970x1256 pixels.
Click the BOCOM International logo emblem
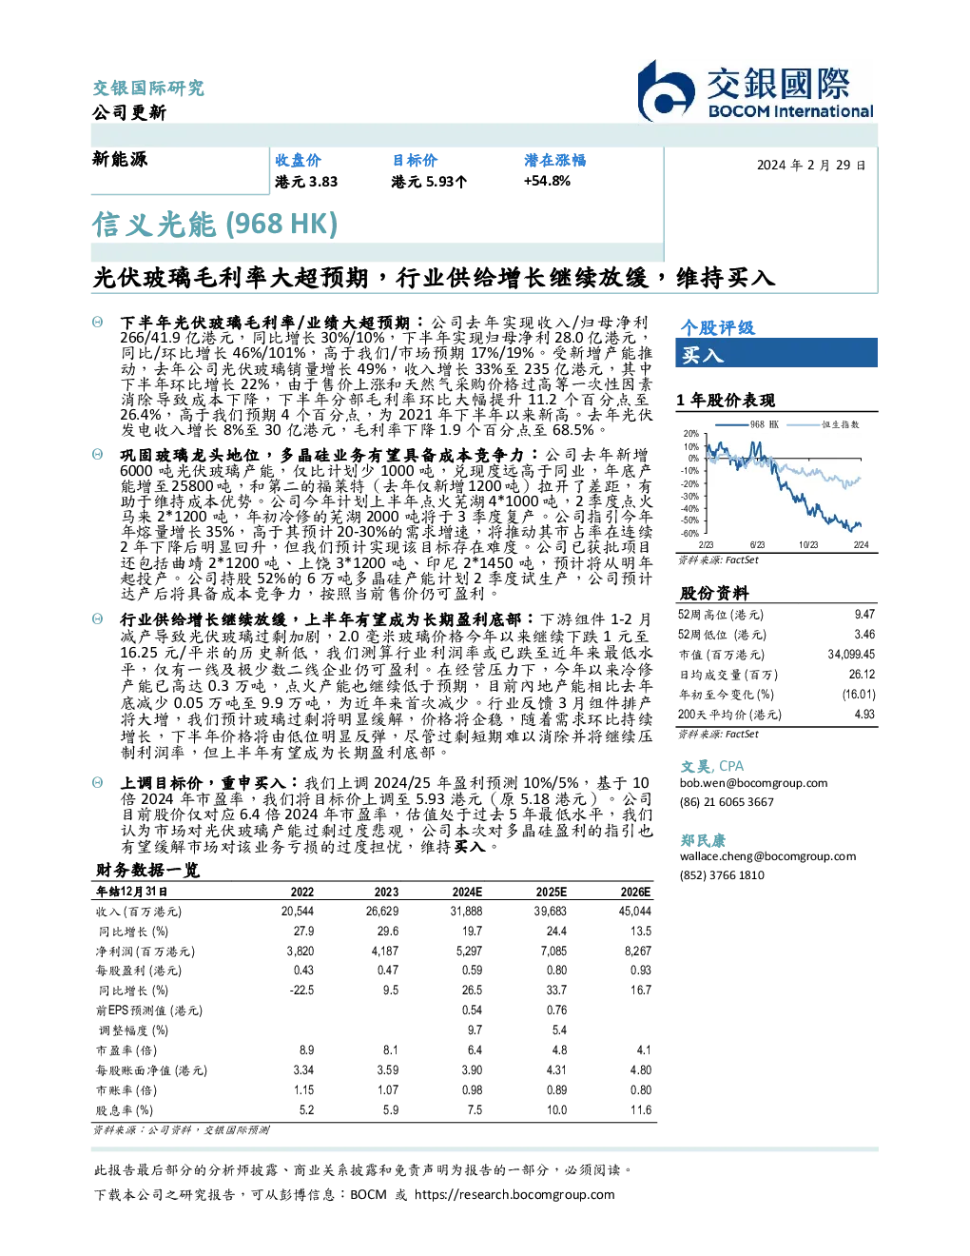[x=666, y=90]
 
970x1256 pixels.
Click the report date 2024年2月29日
[x=811, y=166]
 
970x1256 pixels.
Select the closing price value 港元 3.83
[x=306, y=182]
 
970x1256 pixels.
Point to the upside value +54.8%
[x=547, y=181]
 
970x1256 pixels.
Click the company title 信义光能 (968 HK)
[x=215, y=224]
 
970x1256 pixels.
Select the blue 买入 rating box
[x=776, y=353]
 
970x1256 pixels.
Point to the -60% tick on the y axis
[x=690, y=534]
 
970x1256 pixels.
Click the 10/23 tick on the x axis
[x=808, y=544]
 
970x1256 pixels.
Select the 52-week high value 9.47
[x=864, y=614]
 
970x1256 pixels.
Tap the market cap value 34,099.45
[x=851, y=654]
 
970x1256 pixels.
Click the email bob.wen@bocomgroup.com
[x=753, y=782]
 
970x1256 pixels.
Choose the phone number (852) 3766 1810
[x=722, y=874]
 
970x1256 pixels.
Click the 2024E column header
[x=467, y=892]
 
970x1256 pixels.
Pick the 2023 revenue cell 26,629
[x=382, y=911]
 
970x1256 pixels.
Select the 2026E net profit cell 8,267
[x=637, y=951]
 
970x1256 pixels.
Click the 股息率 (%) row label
[x=125, y=1109]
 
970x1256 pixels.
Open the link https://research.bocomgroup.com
[x=514, y=1194]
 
